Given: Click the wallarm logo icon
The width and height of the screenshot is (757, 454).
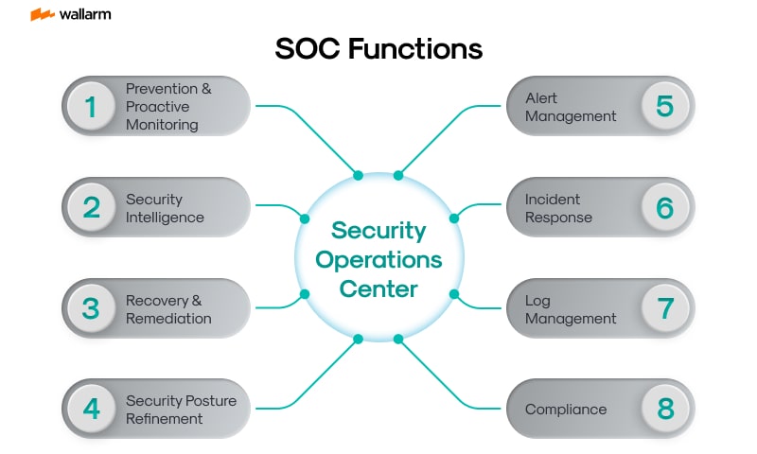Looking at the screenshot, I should tap(42, 14).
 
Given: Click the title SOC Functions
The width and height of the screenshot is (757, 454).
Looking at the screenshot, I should tap(378, 49).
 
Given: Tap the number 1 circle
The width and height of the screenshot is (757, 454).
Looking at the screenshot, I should tap(92, 106).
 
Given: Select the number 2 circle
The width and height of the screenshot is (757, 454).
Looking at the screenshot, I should tap(92, 208).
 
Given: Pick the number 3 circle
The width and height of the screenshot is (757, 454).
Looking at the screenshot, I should tap(92, 309).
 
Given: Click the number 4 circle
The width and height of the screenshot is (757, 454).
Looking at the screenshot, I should tap(92, 410).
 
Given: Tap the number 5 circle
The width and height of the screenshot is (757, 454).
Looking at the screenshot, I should tap(665, 106).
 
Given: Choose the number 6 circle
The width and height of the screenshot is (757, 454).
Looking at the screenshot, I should tap(665, 208).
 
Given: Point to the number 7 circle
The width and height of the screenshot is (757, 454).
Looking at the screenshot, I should tap(665, 309).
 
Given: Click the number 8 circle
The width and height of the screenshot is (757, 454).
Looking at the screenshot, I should tap(665, 410).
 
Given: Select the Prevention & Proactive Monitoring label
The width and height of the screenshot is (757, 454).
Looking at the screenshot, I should tap(168, 106).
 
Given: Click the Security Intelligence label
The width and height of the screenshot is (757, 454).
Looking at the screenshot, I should tap(165, 208).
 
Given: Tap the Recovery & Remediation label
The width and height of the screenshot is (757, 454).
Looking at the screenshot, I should tap(168, 309).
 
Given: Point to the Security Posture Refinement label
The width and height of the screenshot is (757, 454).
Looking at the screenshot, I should tap(181, 410).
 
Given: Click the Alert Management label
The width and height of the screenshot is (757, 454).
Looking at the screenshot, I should tap(571, 107).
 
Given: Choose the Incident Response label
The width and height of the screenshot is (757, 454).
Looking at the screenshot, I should tap(558, 208).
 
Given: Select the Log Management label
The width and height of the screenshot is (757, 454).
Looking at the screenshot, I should tap(571, 309).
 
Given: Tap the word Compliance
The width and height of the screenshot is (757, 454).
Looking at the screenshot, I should tap(566, 410).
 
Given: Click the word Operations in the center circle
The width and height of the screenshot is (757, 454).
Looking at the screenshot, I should tap(378, 258).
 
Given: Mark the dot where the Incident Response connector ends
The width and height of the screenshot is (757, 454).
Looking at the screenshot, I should tap(453, 218).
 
